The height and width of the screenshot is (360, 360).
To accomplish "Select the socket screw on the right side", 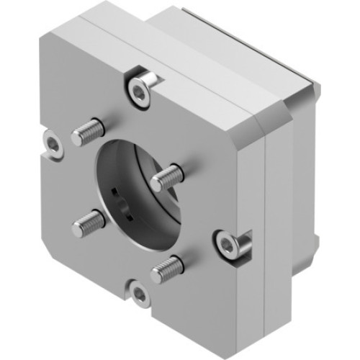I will pyautogui.click(x=228, y=245).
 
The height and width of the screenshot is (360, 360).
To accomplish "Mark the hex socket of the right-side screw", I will pyautogui.click(x=228, y=245).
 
